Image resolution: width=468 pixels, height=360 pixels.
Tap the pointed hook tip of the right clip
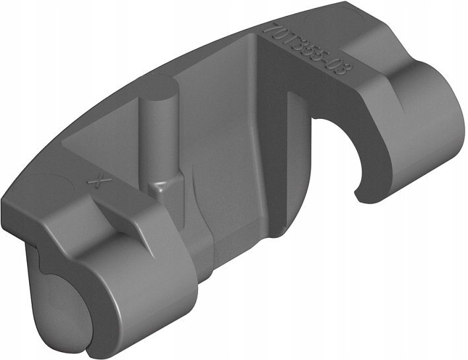point(358,196)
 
